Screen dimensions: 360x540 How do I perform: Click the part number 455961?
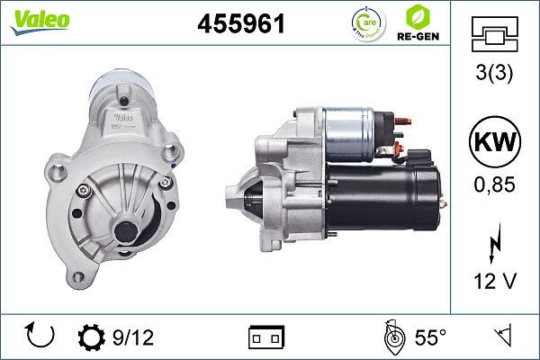point(240,24)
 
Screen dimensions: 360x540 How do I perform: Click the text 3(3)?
point(494,75)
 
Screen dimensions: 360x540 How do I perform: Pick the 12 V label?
point(494,282)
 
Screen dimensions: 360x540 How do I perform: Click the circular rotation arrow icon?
point(41,337)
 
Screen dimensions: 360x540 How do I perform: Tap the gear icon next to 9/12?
point(92,337)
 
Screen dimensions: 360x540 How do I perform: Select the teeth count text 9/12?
point(133,337)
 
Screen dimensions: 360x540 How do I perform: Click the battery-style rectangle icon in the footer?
point(265,337)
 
